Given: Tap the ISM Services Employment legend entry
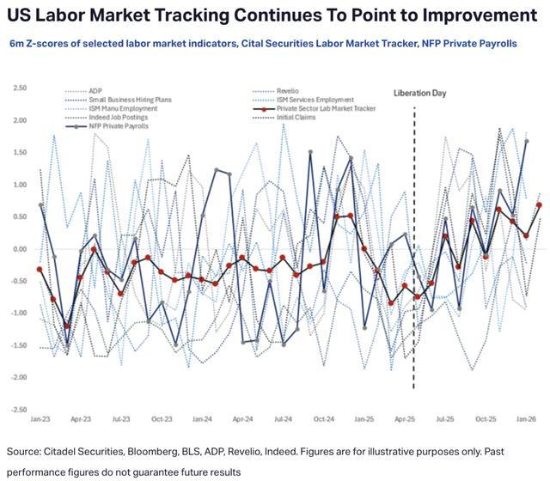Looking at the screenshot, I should [314, 100].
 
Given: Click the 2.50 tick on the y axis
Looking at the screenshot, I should [21, 88].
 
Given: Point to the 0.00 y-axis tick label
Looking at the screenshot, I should [21, 249].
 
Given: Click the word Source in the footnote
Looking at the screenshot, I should [26, 452].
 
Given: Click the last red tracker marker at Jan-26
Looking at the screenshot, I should [539, 204].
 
